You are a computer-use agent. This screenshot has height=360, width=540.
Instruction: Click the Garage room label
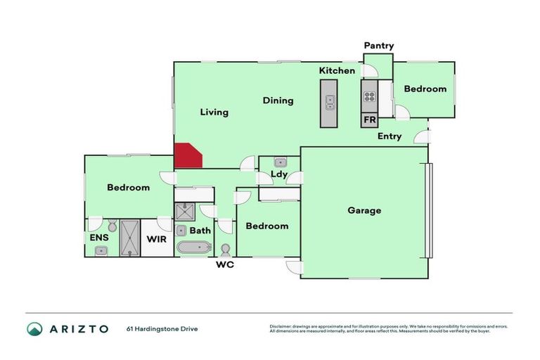[364, 210]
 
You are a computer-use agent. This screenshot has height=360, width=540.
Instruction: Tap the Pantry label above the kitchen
[379, 46]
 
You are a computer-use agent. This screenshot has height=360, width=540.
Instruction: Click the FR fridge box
[370, 120]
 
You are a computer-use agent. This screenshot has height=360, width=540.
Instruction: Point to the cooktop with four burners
[370, 98]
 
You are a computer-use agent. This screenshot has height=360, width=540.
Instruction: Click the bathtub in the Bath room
[193, 247]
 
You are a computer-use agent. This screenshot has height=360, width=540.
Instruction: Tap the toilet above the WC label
[226, 250]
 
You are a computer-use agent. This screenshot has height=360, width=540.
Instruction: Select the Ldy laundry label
[279, 174]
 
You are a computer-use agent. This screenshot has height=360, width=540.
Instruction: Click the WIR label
[156, 239]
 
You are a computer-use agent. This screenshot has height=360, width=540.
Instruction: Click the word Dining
[278, 101]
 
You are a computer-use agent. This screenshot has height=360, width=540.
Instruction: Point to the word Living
[214, 112]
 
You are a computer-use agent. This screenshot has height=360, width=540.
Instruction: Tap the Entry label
[390, 136]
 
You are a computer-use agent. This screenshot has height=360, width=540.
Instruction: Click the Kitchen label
[337, 71]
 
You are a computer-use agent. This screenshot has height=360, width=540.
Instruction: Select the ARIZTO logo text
[78, 328]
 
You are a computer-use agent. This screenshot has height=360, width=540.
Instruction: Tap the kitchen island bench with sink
[328, 103]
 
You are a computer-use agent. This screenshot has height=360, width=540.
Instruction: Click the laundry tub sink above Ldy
[279, 162]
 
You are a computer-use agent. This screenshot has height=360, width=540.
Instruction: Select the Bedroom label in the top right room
[425, 89]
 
